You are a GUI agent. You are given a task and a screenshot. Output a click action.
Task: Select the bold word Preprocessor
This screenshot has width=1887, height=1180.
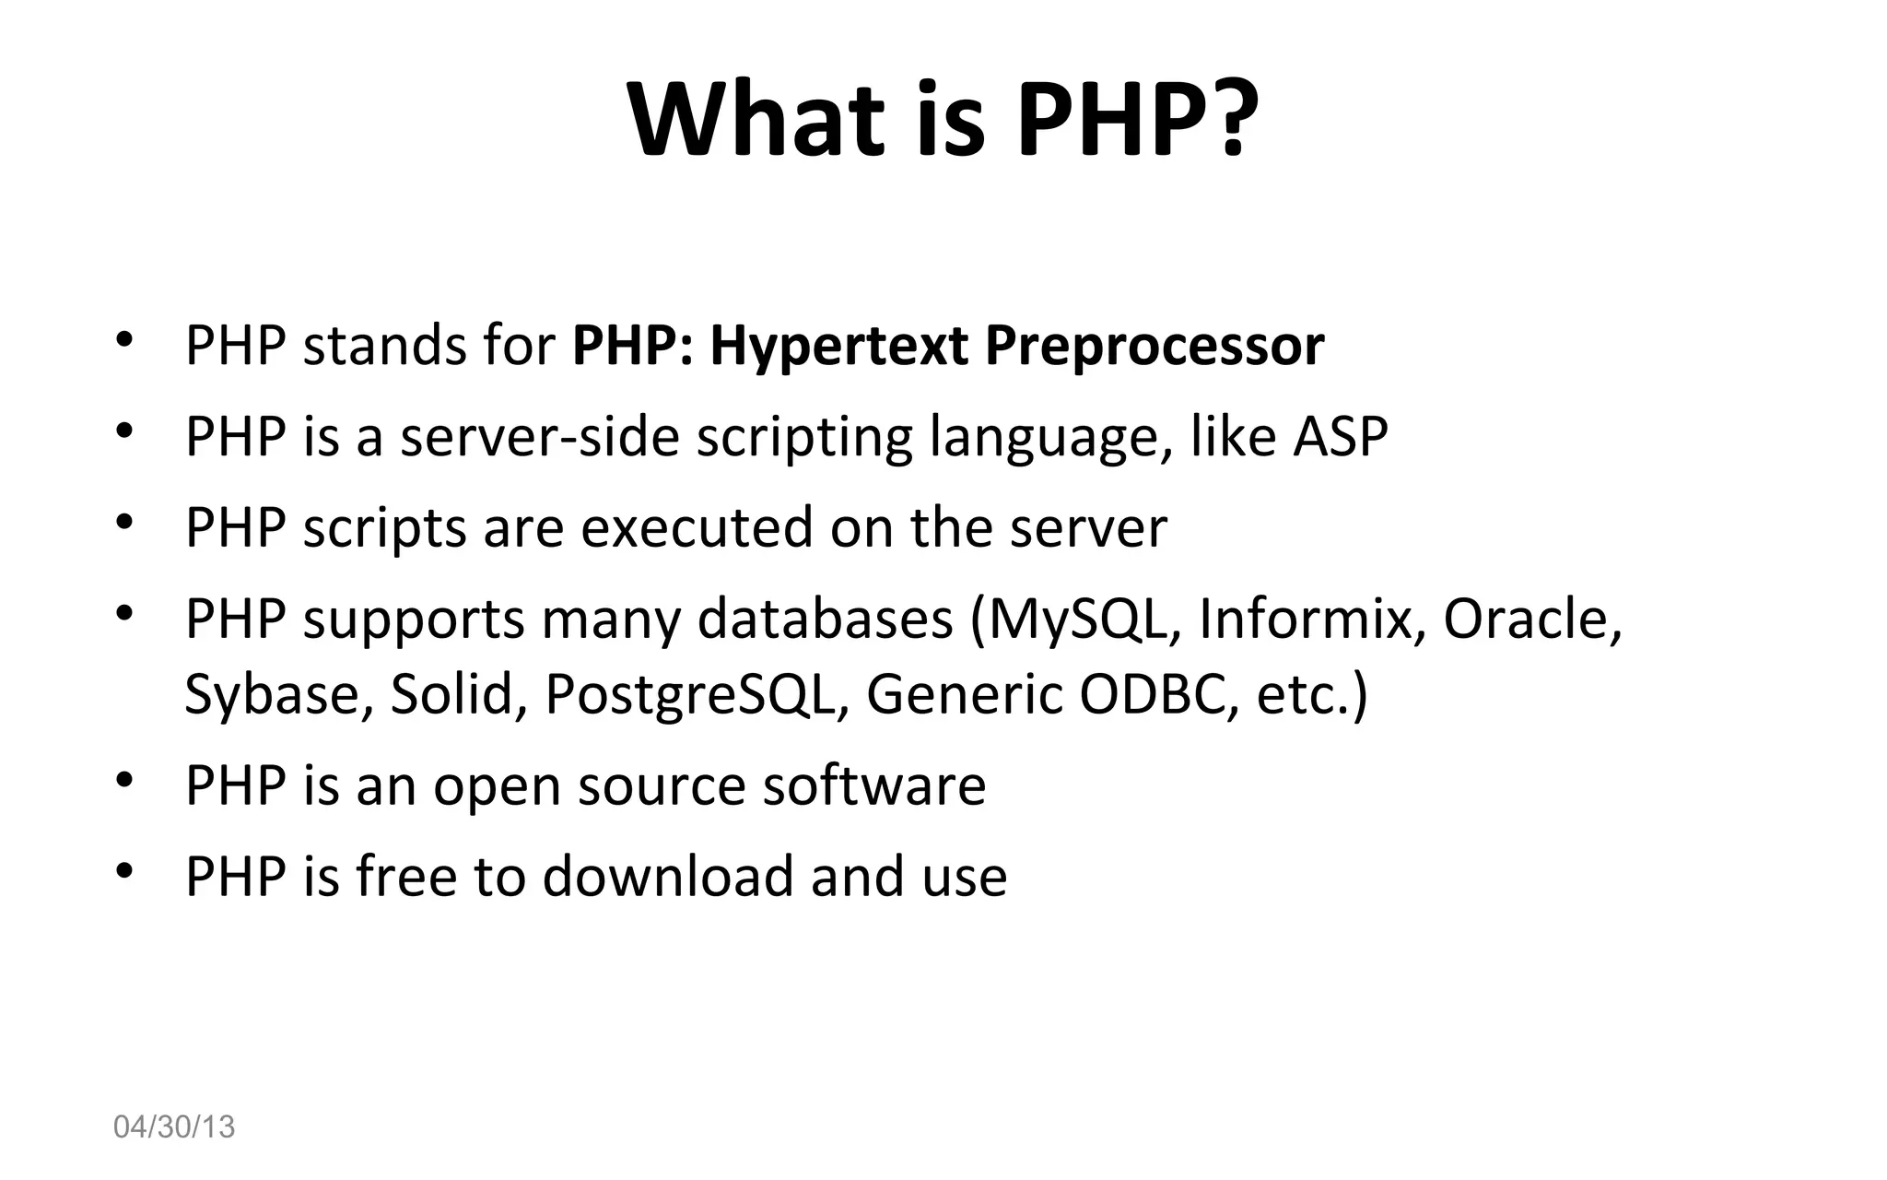click(1154, 347)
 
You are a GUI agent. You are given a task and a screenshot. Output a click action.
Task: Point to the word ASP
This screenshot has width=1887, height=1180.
click(1340, 436)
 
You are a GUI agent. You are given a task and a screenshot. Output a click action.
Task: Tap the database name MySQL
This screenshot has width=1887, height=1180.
click(1084, 619)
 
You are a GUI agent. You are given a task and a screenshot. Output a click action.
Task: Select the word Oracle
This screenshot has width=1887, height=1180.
click(1530, 619)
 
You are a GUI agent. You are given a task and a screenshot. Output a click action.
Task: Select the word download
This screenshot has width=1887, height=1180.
click(667, 876)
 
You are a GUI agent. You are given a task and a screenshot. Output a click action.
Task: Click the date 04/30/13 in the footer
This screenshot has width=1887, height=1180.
click(174, 1127)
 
